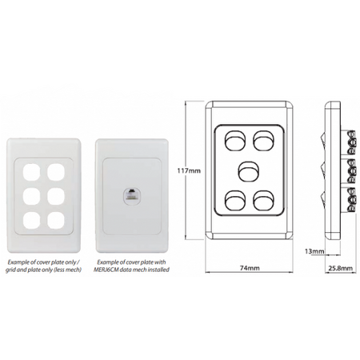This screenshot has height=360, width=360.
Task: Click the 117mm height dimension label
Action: coord(189,170)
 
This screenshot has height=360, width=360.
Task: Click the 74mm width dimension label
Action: coord(249,268)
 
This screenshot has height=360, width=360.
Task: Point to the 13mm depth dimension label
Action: coord(314,251)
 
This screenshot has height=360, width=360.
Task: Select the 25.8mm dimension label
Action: coord(340,268)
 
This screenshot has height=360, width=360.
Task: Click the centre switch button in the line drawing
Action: coord(249,171)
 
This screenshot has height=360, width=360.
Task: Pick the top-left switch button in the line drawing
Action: coord(235,140)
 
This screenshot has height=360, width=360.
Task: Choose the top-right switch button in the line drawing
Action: coord(263,140)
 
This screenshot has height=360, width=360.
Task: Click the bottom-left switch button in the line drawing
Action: coord(235,200)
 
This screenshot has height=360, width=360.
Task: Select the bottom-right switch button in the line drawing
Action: coord(263,200)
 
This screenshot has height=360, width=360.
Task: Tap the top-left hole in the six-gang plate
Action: coord(31,172)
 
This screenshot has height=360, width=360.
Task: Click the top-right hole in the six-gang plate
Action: coord(56,172)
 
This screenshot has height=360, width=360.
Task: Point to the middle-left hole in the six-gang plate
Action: coord(31,197)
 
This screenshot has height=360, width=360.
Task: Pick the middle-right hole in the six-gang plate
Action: coord(56,197)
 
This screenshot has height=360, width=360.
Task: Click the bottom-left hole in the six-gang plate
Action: coord(31,221)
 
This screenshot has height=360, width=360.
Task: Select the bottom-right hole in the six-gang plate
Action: coord(56,221)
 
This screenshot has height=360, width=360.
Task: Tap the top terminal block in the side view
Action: coord(351,142)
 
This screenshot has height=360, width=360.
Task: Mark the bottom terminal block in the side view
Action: coord(351,200)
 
